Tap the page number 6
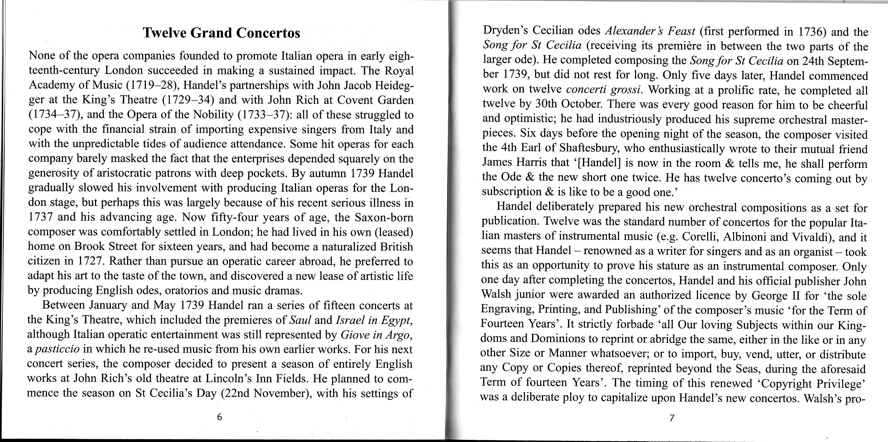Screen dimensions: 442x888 (219, 417)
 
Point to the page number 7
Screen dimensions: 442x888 (671, 419)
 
